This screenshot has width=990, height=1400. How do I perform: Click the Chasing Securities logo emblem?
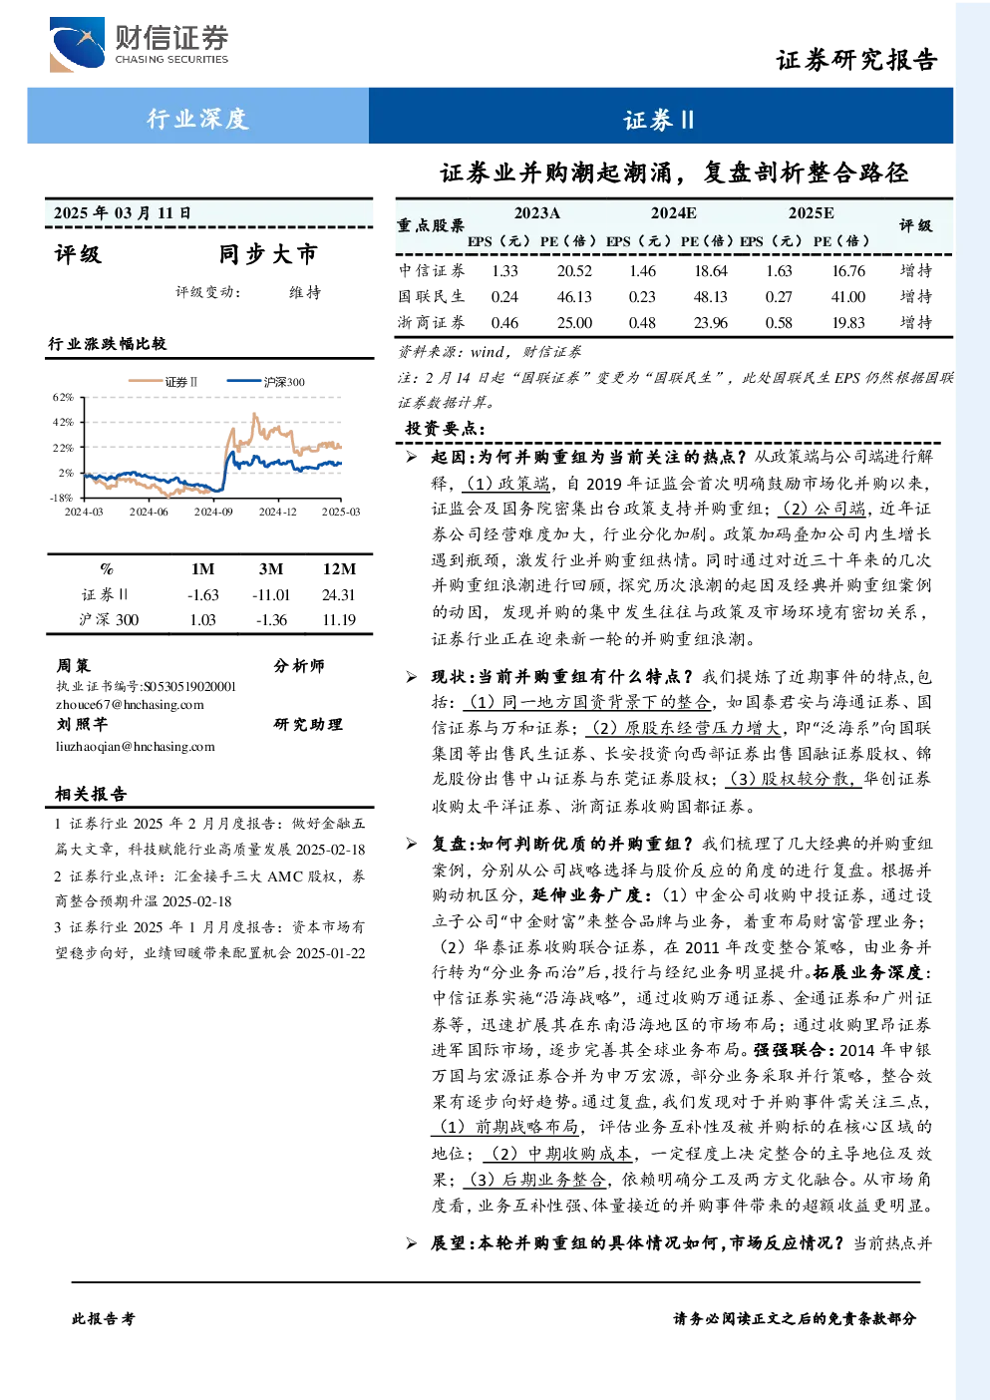(x=77, y=45)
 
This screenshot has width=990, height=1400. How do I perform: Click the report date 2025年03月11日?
(x=122, y=213)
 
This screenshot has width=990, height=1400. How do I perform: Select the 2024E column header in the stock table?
(x=673, y=213)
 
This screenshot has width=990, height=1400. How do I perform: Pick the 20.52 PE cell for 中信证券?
(x=574, y=270)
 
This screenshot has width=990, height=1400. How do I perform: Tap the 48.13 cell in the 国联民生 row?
(x=710, y=297)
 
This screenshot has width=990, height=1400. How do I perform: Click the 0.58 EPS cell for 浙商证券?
(x=779, y=323)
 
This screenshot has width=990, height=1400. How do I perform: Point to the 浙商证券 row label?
(x=432, y=322)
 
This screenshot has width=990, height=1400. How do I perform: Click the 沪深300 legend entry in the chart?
(x=265, y=382)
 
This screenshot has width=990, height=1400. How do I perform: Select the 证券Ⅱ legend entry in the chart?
(x=164, y=382)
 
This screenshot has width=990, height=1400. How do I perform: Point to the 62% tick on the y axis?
(x=63, y=398)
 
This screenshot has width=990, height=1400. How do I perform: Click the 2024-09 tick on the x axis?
(x=213, y=512)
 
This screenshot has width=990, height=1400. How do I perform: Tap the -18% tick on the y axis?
(x=61, y=499)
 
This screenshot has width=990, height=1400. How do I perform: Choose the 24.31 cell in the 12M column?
(x=338, y=595)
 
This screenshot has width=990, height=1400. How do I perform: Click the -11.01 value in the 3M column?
(x=271, y=595)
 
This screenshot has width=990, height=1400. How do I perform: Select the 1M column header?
(x=202, y=568)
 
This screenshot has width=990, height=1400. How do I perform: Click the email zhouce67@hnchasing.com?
(x=130, y=705)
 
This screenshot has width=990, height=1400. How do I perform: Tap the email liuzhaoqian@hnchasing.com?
(x=135, y=747)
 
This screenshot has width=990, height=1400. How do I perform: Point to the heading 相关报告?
(x=92, y=795)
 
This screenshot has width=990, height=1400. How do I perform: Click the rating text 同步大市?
(x=269, y=254)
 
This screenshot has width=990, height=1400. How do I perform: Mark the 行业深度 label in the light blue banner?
(x=197, y=118)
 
